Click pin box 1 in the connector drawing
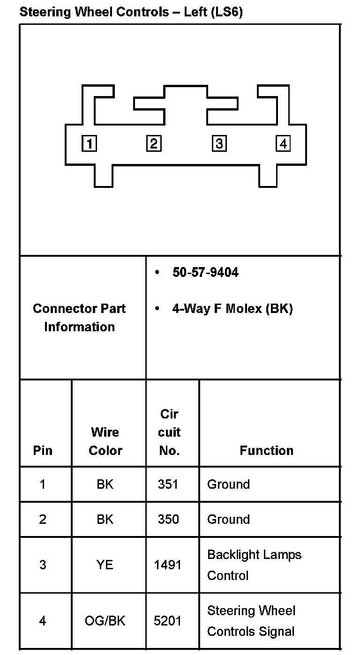[89, 143]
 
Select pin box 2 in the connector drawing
[154, 143]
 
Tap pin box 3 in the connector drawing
[219, 143]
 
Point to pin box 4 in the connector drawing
[283, 143]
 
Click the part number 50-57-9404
[205, 272]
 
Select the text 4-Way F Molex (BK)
[232, 309]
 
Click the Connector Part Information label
[79, 318]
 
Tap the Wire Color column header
[105, 441]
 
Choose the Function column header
[266, 450]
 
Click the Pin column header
[43, 450]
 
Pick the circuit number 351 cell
[168, 484]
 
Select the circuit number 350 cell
[168, 519]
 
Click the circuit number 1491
[167, 565]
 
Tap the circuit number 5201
[167, 621]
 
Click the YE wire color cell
[105, 565]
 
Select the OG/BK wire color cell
[105, 621]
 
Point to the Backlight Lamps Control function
[254, 565]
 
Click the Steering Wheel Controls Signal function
[251, 621]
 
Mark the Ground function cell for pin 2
[228, 519]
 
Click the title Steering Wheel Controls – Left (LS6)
[131, 12]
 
